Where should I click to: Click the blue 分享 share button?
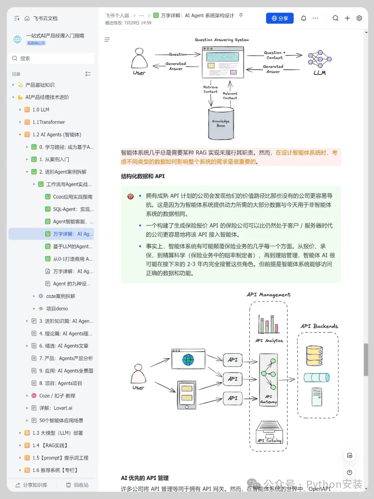point(279,18)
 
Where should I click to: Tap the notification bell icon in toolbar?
point(304,18)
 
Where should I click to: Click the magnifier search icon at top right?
point(335,18)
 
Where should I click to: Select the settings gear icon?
point(359,18)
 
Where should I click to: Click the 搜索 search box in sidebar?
point(51,58)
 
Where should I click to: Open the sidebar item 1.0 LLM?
point(41,110)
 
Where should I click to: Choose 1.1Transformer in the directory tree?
point(48,122)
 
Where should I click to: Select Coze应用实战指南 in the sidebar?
point(72,197)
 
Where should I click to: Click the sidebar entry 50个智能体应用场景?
point(61,420)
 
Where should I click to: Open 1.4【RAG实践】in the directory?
point(50,445)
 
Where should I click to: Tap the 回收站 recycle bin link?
point(78,485)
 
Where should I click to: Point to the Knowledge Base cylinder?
point(221,123)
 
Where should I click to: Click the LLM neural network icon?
point(320,59)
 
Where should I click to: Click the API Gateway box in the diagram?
point(268,379)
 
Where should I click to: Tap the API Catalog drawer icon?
point(269,432)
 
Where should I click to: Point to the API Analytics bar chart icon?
point(269,324)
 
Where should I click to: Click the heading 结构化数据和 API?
point(143,176)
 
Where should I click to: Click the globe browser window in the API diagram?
point(188,359)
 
